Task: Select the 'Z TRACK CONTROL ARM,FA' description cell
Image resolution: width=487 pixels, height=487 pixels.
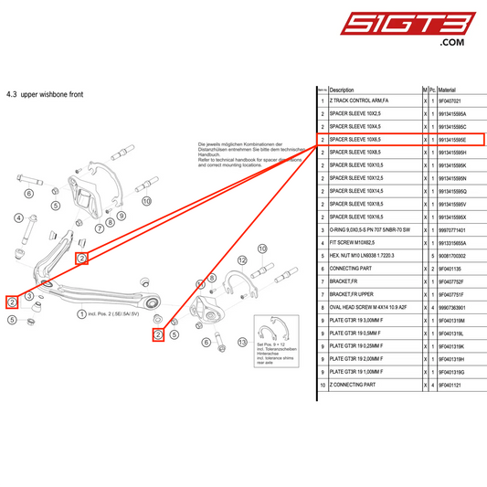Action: tap(359, 101)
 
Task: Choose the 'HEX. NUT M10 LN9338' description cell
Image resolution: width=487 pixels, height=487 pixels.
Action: tap(367, 256)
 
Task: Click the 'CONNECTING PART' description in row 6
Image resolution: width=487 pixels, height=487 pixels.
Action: tap(351, 270)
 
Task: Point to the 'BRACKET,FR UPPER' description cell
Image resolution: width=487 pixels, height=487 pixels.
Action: tap(352, 295)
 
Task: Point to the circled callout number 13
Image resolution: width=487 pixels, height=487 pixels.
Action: tap(241, 343)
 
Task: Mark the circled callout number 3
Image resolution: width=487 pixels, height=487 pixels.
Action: tap(30, 296)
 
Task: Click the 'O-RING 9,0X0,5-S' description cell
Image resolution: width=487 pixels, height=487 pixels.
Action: tap(369, 230)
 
